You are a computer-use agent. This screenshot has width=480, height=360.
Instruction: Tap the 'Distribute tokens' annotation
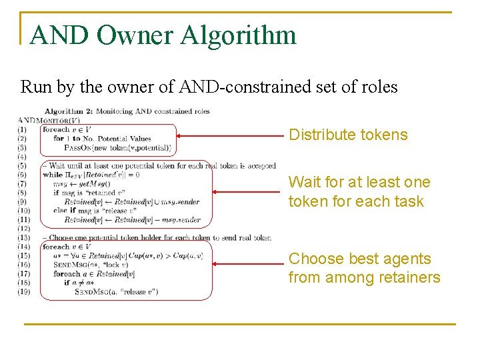[x=347, y=135]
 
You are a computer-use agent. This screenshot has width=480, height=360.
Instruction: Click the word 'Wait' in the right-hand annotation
[x=304, y=182]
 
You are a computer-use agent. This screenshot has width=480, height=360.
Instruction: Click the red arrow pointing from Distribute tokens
[x=230, y=135]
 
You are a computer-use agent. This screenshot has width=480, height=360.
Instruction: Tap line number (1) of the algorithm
[x=23, y=129]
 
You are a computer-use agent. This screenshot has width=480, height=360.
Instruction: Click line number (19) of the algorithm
[x=23, y=291]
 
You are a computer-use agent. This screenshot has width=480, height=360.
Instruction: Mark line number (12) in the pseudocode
[x=23, y=229]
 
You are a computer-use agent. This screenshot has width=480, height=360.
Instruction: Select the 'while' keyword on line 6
[x=52, y=175]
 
